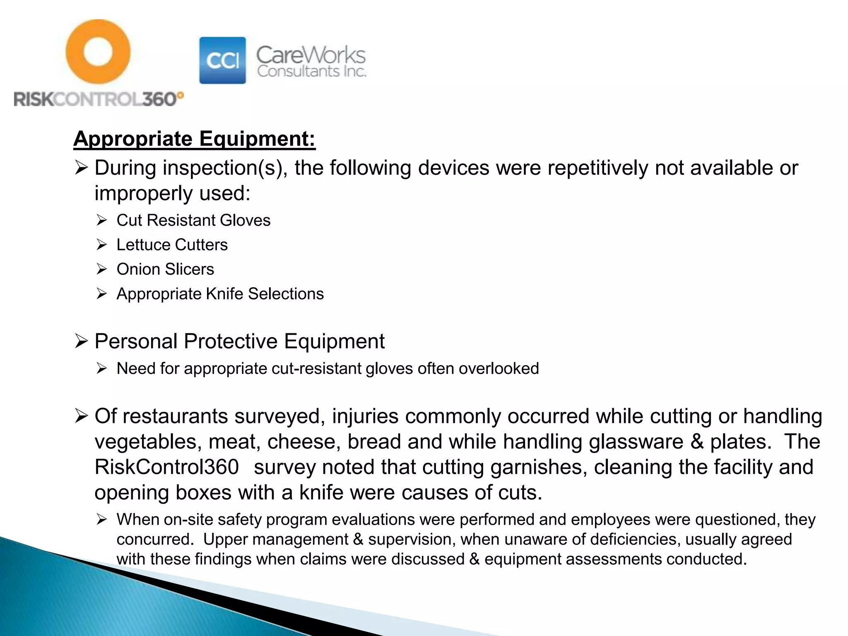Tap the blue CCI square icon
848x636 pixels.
click(x=222, y=60)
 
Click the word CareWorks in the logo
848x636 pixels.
click(x=311, y=55)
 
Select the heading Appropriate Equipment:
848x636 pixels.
click(x=194, y=139)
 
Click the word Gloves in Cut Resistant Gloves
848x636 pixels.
click(x=245, y=220)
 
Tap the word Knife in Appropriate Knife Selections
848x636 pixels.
click(x=224, y=294)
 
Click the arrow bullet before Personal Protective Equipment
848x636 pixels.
click(x=81, y=342)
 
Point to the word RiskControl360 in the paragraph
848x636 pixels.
click(x=166, y=467)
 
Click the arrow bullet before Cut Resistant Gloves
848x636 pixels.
click(x=102, y=220)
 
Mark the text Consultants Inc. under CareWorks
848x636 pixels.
click(x=311, y=72)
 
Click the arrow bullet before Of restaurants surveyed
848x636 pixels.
click(x=81, y=416)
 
